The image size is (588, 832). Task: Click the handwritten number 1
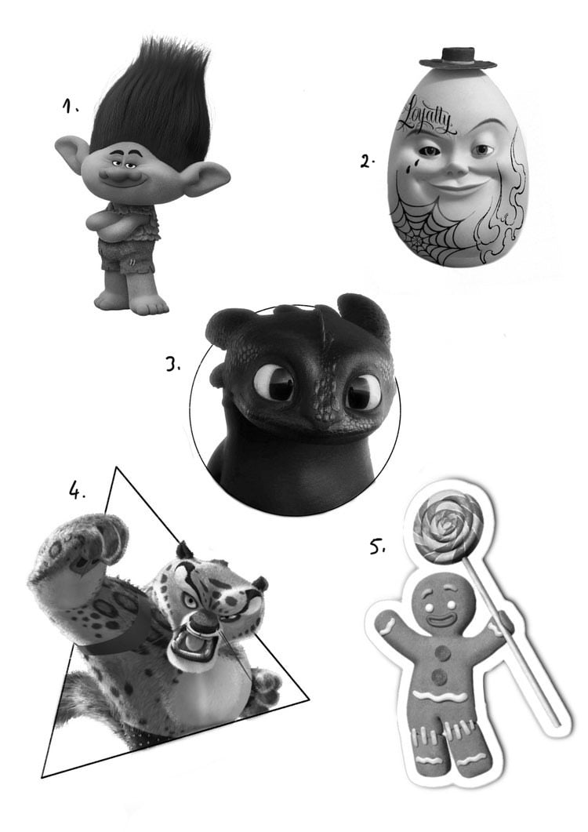click(70, 107)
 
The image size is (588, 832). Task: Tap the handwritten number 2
click(367, 161)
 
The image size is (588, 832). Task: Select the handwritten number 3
click(173, 365)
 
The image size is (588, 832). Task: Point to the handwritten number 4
click(76, 490)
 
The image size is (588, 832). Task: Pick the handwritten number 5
click(377, 546)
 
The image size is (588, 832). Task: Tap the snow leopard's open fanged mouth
click(187, 644)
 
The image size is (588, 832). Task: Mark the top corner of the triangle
click(116, 467)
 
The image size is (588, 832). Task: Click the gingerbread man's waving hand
click(387, 622)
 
